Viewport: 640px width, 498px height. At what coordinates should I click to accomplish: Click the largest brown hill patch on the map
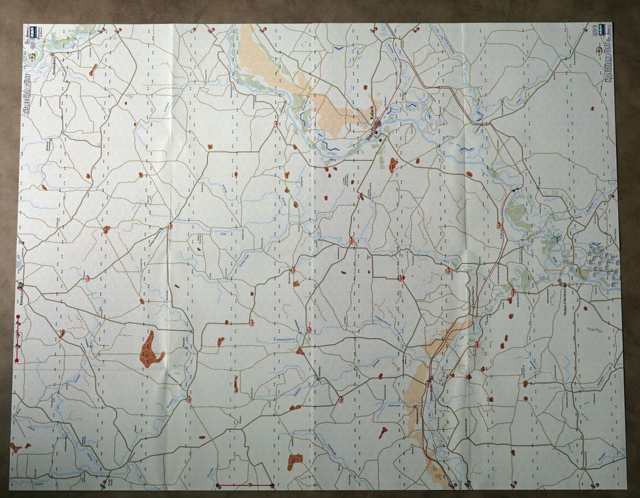pos(150,349)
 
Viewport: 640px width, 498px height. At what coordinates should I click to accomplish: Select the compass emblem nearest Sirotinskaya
pos(32,57)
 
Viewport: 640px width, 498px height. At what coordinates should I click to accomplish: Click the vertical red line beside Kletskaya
pos(17,340)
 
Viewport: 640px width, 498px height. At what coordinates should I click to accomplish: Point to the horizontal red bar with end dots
pos(245,484)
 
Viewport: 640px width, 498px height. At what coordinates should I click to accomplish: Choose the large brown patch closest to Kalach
pos(392,165)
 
